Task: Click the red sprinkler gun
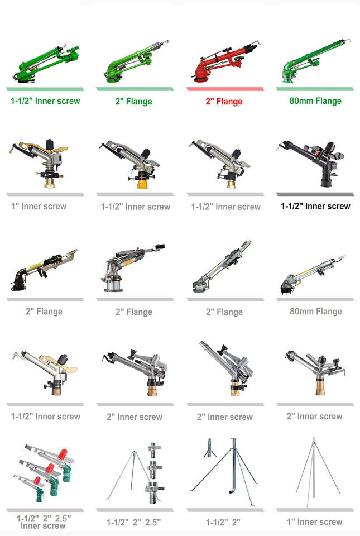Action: point(223,64)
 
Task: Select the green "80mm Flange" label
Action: point(315,101)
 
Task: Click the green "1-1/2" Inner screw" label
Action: point(45,101)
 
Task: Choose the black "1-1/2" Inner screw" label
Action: point(315,206)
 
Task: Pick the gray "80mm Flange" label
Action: point(315,311)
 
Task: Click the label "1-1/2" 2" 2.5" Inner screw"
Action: point(44,521)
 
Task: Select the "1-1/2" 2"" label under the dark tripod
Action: point(223,522)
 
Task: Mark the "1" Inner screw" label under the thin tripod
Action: point(315,522)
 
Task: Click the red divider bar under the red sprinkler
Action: point(225,89)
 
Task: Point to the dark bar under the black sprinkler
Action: point(315,194)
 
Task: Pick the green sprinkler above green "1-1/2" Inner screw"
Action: point(45,64)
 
